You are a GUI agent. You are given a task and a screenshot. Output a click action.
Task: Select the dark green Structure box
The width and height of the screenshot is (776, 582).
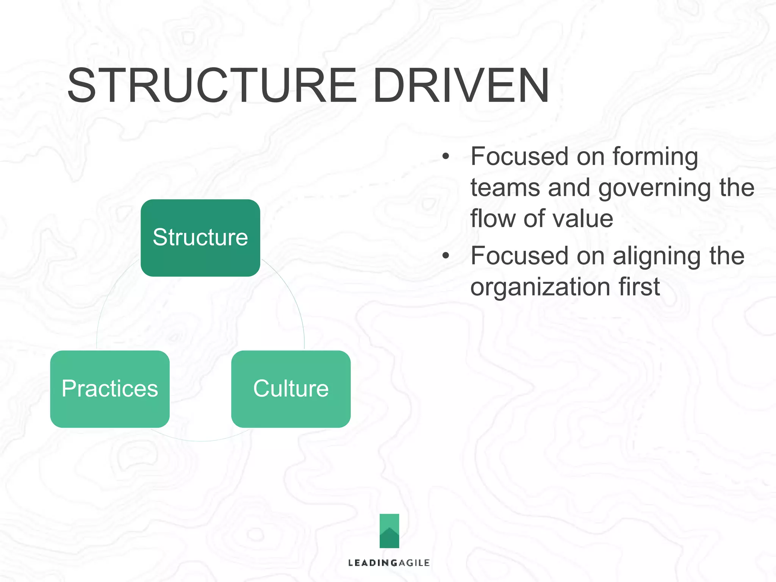pos(200,238)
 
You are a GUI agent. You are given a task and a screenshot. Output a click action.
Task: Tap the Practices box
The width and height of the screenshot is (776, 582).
pos(110,389)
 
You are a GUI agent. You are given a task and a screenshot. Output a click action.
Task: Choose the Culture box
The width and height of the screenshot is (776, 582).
pos(291,389)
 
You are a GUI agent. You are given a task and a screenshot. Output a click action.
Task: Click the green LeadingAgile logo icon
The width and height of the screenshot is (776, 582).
pos(389,530)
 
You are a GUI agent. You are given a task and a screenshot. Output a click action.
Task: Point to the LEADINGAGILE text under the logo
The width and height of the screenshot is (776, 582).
pos(389,563)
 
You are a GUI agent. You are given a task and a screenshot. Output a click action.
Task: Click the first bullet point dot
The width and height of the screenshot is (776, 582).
pos(446,156)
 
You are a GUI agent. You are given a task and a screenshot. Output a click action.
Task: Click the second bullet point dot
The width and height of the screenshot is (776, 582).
pos(446,255)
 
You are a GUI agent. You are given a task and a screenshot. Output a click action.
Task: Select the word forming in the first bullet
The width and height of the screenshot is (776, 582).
pos(655,157)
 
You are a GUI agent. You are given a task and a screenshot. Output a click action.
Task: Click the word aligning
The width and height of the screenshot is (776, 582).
pos(657,256)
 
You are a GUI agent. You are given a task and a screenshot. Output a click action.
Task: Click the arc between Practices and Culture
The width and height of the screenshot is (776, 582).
pos(200,441)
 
